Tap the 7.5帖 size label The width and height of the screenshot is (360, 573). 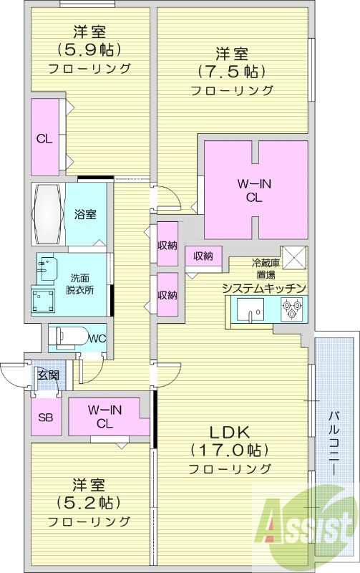click(x=232, y=72)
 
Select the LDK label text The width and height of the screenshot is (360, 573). click(x=228, y=433)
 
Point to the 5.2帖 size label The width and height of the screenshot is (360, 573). click(x=89, y=501)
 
